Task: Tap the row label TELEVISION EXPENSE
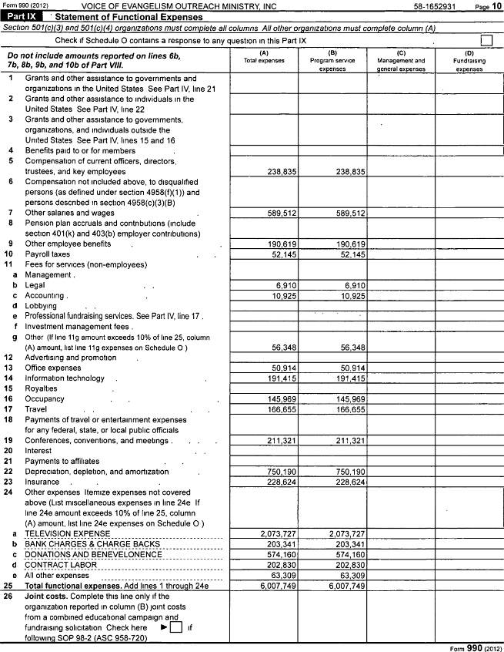point(67,533)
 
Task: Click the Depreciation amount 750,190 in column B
point(346,472)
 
